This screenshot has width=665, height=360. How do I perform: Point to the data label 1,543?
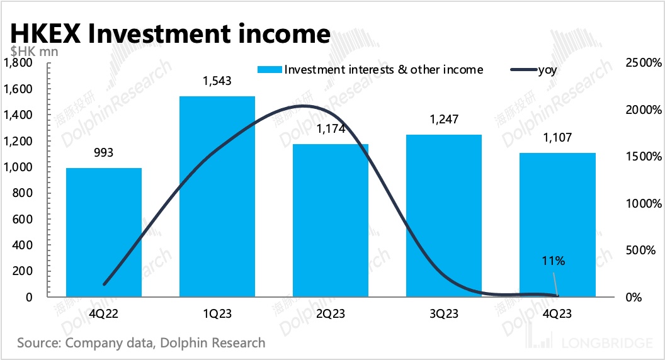click(217, 82)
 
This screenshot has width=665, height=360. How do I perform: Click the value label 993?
click(103, 153)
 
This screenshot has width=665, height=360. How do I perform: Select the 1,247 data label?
click(443, 120)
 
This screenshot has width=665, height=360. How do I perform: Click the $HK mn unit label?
click(34, 52)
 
